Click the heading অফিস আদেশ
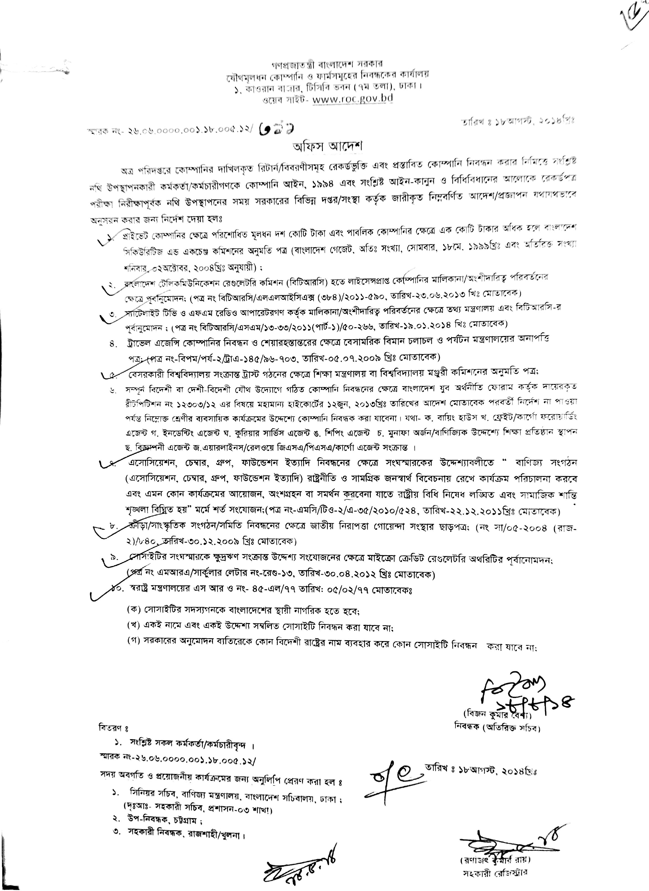(x=324, y=146)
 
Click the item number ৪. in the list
(x=114, y=344)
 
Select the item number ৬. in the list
(x=114, y=391)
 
